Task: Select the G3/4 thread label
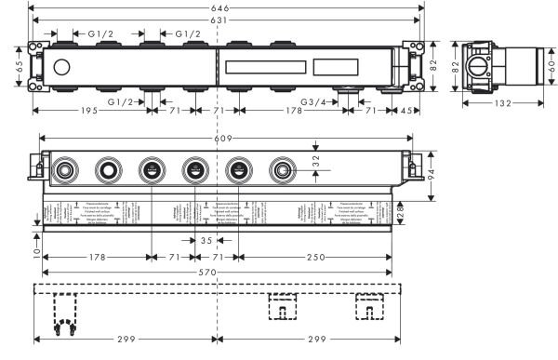tap(312, 101)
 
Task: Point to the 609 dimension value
tap(224, 140)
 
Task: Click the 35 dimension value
tap(206, 241)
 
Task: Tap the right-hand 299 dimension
tap(310, 340)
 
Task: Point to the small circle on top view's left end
tap(62, 67)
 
